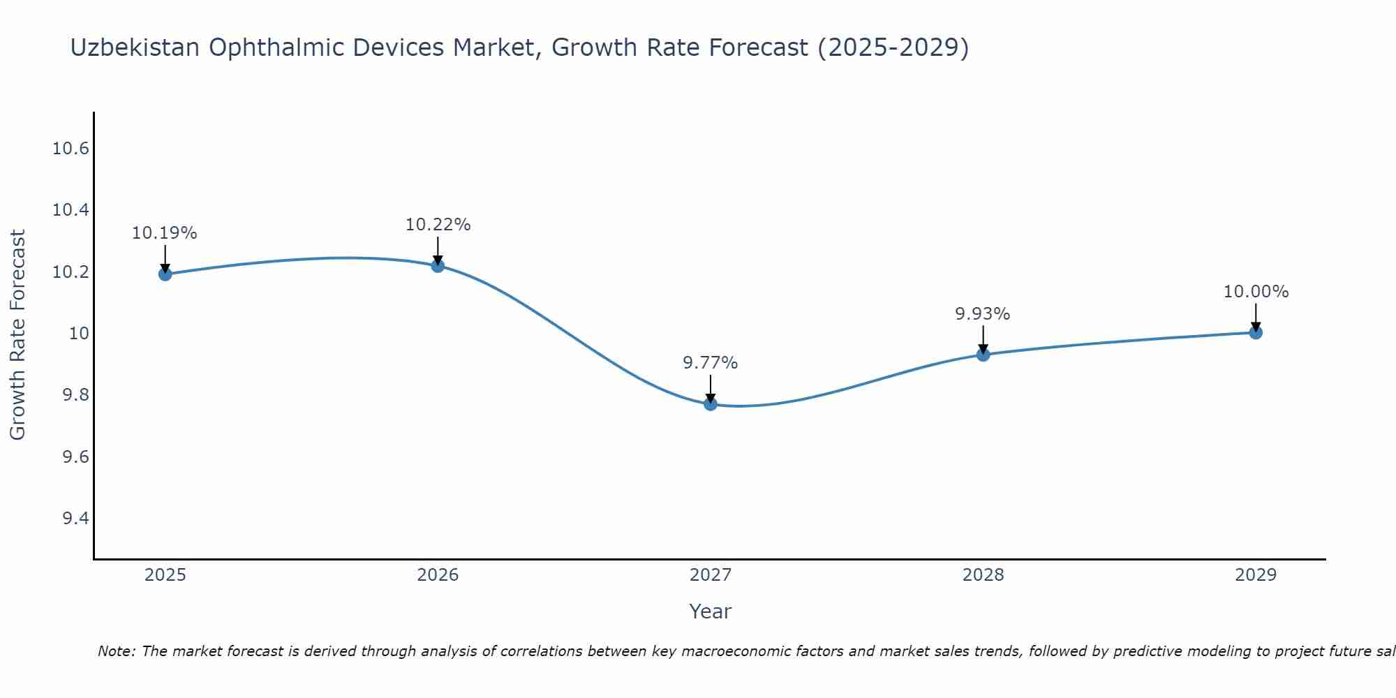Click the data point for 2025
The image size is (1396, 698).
[165, 274]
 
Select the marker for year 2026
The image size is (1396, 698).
[438, 265]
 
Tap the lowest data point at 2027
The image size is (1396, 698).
[711, 403]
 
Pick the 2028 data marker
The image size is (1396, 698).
[983, 354]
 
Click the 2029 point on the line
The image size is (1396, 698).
[1256, 332]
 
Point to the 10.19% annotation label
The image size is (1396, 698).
[165, 233]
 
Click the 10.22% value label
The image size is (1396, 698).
[438, 225]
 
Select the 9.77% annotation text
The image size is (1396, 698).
[711, 363]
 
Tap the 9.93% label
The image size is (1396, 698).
[983, 314]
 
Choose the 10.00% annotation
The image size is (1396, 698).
[1256, 292]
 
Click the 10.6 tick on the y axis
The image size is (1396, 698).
[70, 149]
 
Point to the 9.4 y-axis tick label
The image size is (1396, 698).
[75, 519]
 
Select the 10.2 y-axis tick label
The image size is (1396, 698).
[70, 272]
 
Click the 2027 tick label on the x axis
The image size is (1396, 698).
[711, 575]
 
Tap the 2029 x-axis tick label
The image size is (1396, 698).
[1256, 575]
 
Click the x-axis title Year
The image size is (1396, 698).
[711, 611]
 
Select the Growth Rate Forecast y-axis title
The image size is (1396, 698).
[18, 335]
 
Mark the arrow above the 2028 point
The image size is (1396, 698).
[983, 339]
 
